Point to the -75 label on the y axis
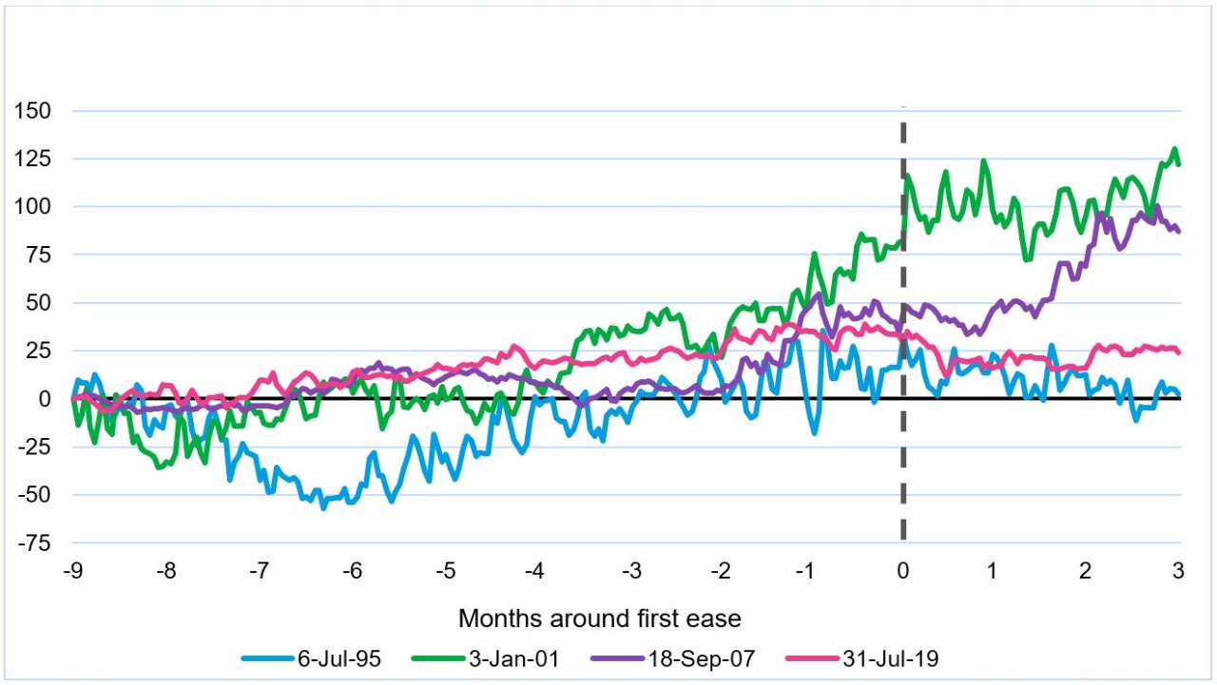[34, 542]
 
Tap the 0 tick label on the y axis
[45, 399]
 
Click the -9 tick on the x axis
[73, 571]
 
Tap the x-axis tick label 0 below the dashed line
[903, 571]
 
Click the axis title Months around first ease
[599, 618]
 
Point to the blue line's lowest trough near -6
[323, 507]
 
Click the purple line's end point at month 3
[1179, 231]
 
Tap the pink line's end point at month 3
[1179, 352]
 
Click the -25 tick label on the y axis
[34, 447]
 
